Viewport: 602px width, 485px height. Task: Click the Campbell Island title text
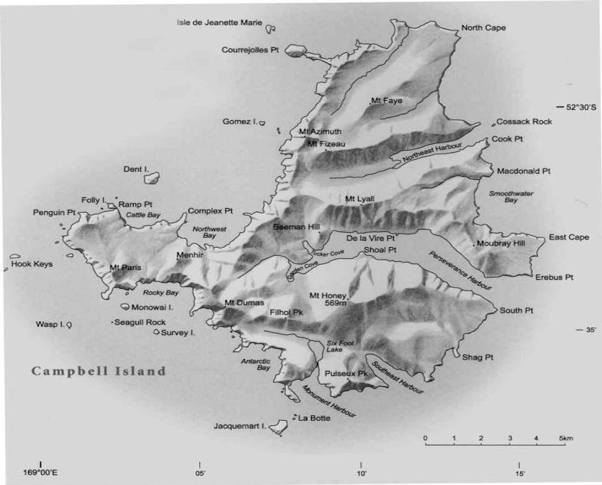point(98,371)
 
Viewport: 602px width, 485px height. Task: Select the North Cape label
point(483,28)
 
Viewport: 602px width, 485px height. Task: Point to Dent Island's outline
point(152,178)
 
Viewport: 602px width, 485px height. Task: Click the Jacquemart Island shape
point(278,425)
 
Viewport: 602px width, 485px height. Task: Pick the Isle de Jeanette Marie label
point(219,22)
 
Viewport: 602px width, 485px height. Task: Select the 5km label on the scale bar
point(565,438)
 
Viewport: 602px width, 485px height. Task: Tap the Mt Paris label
point(125,267)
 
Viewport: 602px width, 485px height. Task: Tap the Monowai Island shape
point(125,306)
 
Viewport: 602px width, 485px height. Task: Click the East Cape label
point(568,237)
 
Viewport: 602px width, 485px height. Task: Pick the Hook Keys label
point(31,263)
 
